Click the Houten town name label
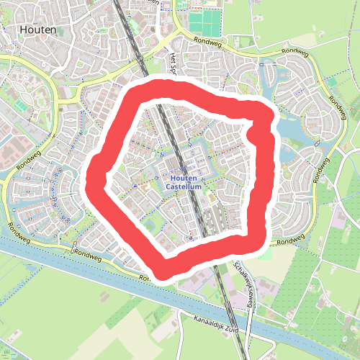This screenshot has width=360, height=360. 40,31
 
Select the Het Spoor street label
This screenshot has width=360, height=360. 173,65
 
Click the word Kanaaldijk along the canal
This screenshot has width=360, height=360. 207,321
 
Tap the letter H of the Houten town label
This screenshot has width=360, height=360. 25,31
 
